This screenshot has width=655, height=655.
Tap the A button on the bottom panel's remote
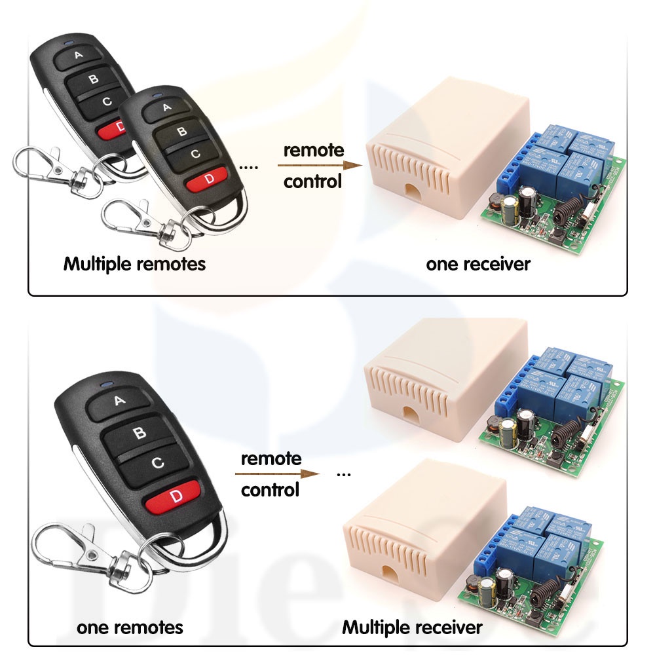coord(120,401)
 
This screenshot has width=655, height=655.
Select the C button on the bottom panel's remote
coord(157,462)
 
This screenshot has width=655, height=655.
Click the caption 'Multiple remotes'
coord(134,264)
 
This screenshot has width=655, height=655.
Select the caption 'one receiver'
coord(478,264)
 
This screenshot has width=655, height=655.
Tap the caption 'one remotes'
coord(130,627)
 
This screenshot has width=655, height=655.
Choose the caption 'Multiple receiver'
coord(412,627)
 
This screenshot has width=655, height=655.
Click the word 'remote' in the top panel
coord(313,150)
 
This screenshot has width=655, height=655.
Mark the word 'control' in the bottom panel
coord(271,489)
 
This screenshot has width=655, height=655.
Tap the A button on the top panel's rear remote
coord(79,56)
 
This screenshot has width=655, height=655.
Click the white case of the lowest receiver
coord(419,524)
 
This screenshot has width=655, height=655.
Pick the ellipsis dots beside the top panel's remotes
coord(249,168)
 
